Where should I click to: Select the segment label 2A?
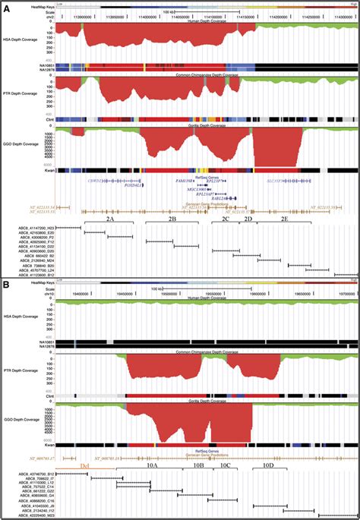[110, 218]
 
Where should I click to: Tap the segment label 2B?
[172, 218]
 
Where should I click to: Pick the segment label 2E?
[284, 218]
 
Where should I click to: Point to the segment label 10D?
[267, 465]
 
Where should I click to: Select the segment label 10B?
[198, 465]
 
